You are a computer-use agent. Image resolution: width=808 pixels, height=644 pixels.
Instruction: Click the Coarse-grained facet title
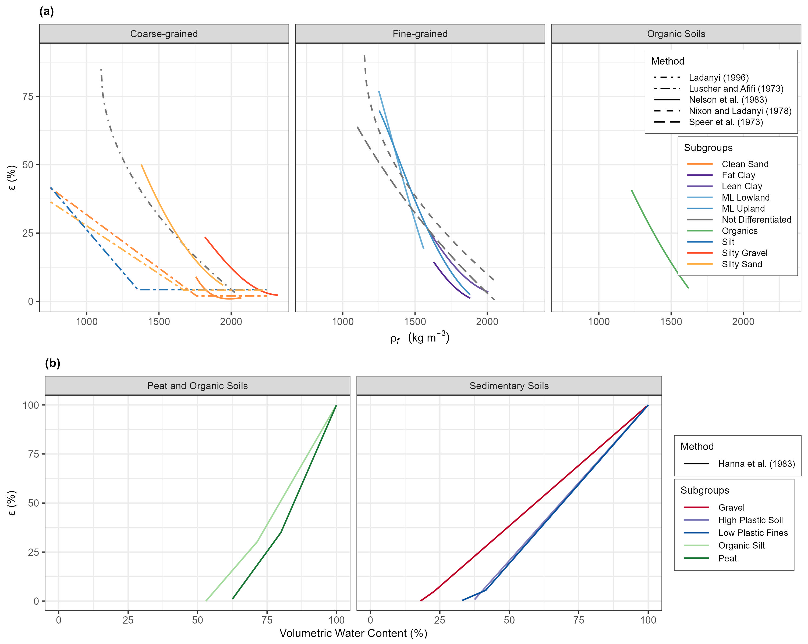tap(164, 34)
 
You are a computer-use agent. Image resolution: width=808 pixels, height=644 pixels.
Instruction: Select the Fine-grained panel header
tap(420, 34)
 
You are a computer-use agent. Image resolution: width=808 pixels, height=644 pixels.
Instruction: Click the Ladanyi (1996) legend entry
tap(718, 77)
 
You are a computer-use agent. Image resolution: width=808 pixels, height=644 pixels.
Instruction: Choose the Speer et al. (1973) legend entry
tap(725, 122)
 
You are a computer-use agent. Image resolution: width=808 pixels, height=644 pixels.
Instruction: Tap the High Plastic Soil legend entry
tap(750, 520)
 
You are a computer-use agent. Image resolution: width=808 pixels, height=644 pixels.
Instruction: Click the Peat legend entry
tap(727, 558)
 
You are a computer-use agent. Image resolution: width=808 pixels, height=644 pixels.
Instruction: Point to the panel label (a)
tap(47, 12)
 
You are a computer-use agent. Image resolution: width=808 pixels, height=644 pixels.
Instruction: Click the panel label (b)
tap(52, 363)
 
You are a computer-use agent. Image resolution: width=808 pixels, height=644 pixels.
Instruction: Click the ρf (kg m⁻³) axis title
tap(420, 337)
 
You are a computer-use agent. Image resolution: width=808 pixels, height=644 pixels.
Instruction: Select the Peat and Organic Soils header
tap(197, 386)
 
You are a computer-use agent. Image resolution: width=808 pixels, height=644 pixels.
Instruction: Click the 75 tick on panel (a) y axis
tap(28, 96)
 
